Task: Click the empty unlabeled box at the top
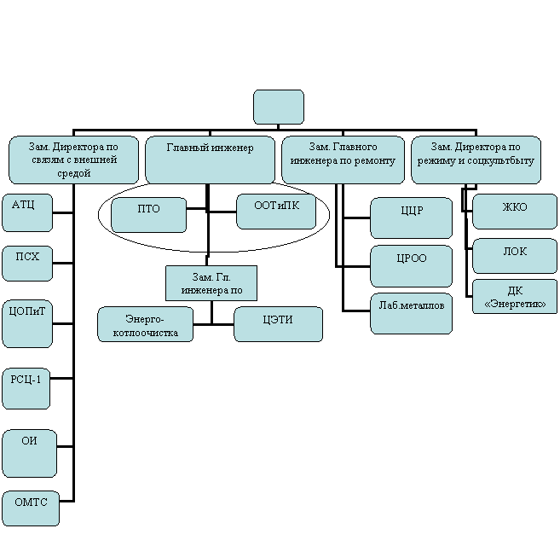coord(279,107)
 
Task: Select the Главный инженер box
coord(211,159)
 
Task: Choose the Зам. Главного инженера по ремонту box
coord(343,159)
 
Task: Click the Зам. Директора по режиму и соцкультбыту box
coord(476,159)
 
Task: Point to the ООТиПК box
coord(275,211)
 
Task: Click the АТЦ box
coord(27,212)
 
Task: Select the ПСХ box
coord(27,264)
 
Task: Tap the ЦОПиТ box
coord(27,323)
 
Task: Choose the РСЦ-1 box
coord(26,388)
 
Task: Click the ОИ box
coord(29,453)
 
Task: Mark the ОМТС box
coord(31,508)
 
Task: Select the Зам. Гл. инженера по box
coord(211,283)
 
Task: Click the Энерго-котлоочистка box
coord(146,324)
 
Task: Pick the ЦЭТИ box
coord(279,323)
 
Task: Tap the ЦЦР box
coord(412,218)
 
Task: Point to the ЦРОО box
coord(412,266)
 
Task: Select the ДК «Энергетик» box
coord(515,297)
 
